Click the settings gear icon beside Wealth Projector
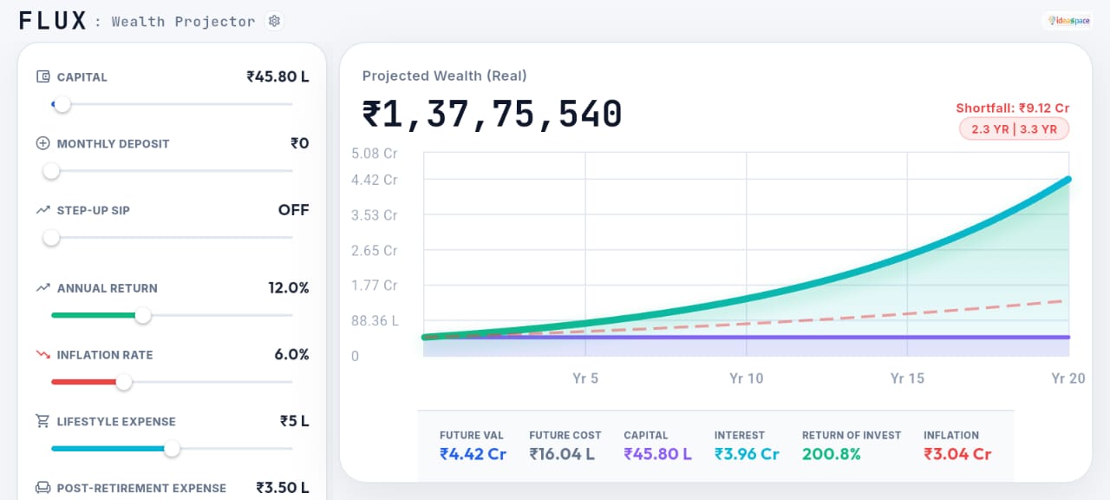275,21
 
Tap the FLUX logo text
53,21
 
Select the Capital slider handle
61,104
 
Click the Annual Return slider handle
143,315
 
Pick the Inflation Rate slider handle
124,382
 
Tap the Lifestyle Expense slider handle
172,449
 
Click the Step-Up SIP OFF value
293,210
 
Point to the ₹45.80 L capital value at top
277,76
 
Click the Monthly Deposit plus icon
43,144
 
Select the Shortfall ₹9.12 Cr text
1012,109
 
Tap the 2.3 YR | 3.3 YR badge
1014,129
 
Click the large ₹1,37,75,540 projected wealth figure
492,115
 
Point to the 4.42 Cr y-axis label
374,181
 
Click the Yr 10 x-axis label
746,378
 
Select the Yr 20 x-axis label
1068,378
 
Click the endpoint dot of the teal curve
1068,180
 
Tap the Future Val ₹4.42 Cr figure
473,454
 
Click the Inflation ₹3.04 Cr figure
957,454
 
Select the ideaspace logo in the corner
1068,21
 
